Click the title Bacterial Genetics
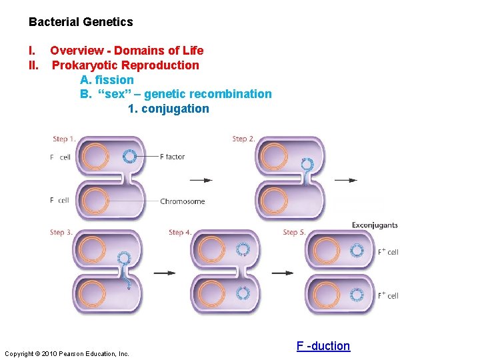(x=81, y=22)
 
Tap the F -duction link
(x=323, y=345)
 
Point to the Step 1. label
(x=64, y=139)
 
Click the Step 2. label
(x=243, y=139)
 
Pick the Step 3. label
(x=62, y=233)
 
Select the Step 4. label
(x=180, y=233)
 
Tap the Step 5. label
(x=294, y=233)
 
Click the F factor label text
(x=173, y=157)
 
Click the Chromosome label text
(x=183, y=201)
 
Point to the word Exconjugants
(x=375, y=225)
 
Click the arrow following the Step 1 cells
(x=201, y=180)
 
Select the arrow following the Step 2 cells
(x=345, y=180)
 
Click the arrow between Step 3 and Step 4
(x=165, y=273)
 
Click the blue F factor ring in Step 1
(x=129, y=157)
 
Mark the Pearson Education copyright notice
(x=67, y=353)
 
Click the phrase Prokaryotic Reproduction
(x=125, y=65)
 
